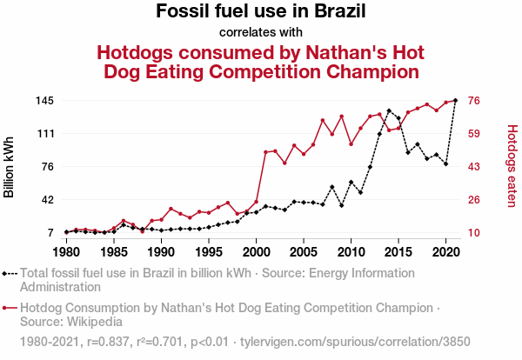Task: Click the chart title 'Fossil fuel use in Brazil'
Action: point(261,12)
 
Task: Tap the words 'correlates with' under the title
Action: point(261,33)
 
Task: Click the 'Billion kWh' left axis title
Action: point(10,166)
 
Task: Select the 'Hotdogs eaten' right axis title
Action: point(512,166)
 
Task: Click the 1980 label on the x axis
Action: point(66,252)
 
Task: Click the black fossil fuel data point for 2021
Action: point(456,101)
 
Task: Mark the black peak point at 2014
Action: point(389,110)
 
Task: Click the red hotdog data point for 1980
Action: point(66,232)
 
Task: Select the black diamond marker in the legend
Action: point(10,272)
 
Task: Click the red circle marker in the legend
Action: point(10,308)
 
